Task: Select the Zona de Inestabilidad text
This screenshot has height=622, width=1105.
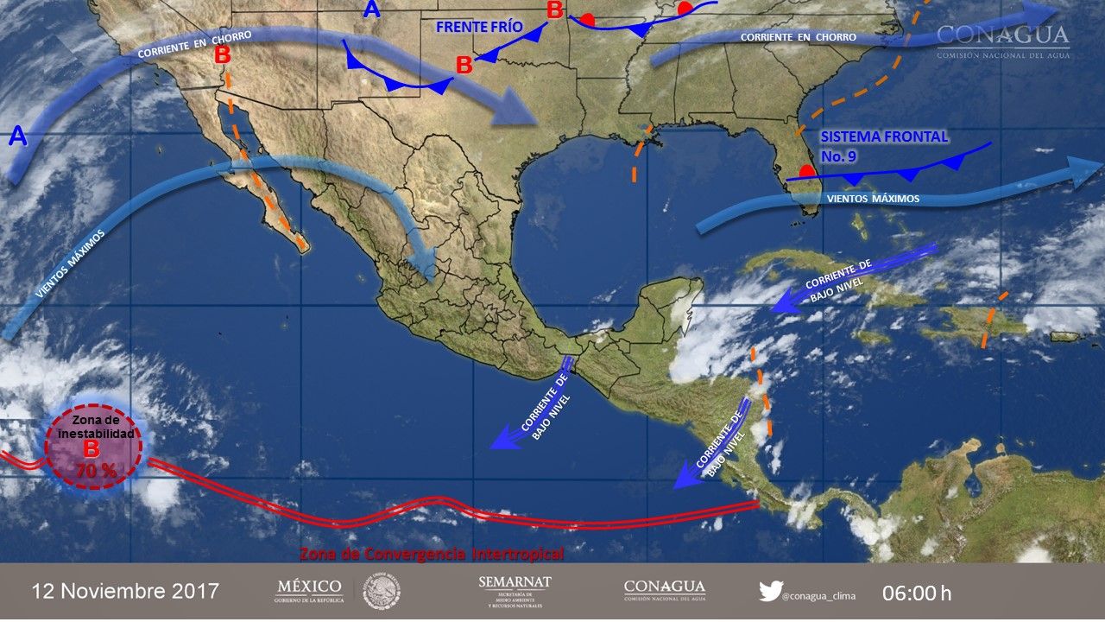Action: (92, 426)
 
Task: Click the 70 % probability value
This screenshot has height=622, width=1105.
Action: (92, 472)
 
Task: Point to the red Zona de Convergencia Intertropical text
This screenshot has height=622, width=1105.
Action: (431, 553)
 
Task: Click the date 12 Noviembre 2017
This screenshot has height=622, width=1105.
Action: (125, 592)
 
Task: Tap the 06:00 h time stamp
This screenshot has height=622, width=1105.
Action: (917, 593)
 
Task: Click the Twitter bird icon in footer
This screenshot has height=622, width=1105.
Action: (770, 591)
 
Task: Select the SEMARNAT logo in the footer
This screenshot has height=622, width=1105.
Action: (515, 591)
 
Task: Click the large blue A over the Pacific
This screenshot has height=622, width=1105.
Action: (17, 136)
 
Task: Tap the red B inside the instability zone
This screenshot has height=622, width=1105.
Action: (92, 449)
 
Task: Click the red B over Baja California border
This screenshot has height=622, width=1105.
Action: (223, 54)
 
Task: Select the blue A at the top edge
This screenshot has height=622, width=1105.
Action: (371, 10)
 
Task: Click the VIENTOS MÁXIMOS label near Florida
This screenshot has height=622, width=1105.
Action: (873, 200)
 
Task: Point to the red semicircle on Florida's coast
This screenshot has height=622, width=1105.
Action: (805, 171)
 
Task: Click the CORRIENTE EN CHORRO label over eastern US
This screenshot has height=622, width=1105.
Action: (799, 37)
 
